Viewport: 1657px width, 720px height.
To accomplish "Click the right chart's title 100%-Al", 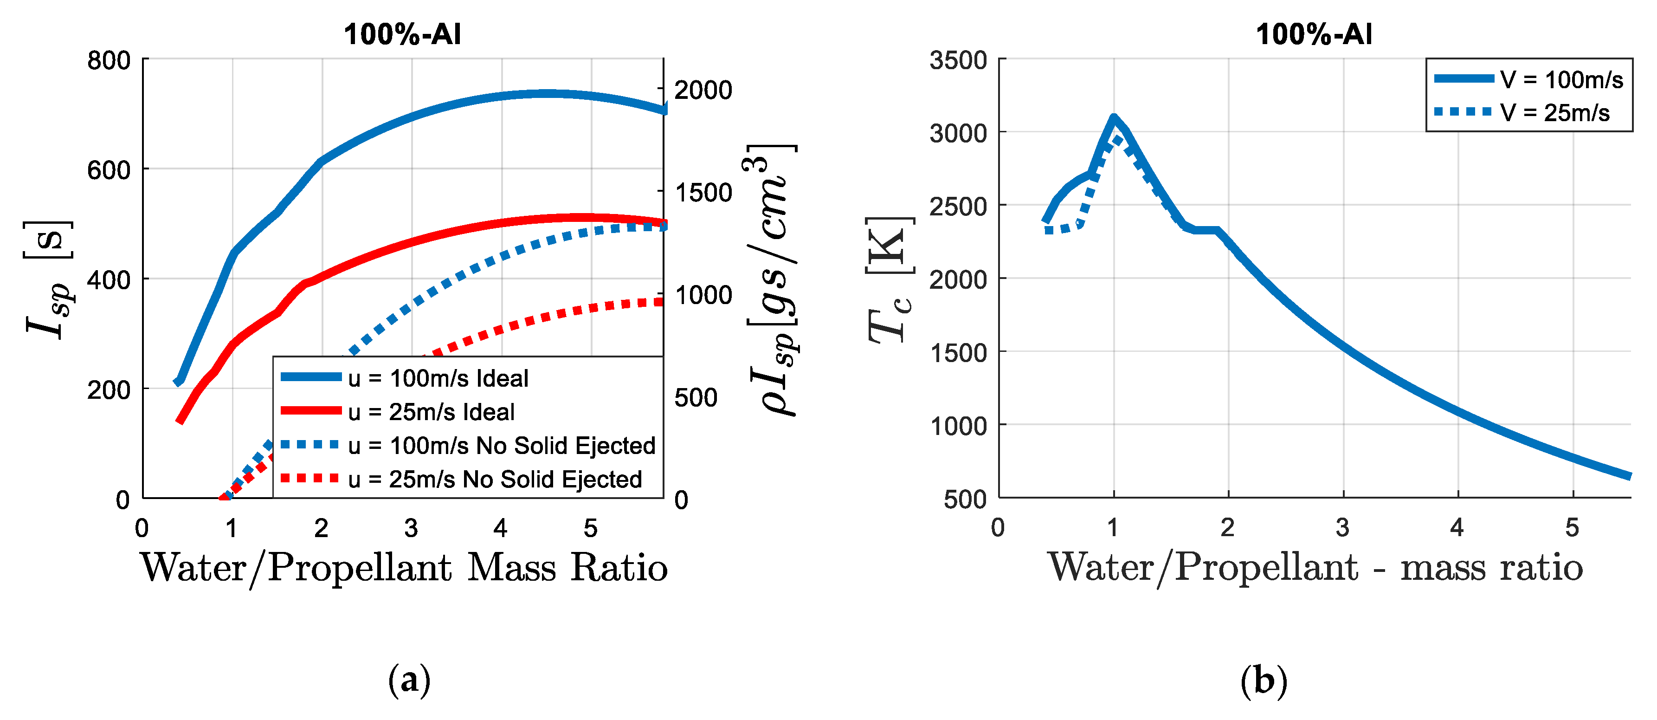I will pos(1314,34).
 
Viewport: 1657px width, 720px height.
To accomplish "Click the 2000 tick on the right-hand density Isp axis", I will pos(703,90).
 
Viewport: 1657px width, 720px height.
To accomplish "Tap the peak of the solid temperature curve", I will pos(1114,118).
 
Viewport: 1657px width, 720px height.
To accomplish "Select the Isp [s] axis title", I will pos(48,280).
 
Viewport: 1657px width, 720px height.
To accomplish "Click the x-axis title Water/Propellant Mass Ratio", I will pos(404,568).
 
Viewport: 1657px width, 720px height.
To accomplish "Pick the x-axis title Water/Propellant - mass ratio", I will pos(1315,568).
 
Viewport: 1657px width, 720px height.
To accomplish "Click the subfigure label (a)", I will pos(409,680).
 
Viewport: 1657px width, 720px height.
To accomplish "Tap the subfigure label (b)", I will pos(1264,680).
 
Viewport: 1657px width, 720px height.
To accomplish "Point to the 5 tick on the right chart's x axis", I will pos(1572,528).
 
